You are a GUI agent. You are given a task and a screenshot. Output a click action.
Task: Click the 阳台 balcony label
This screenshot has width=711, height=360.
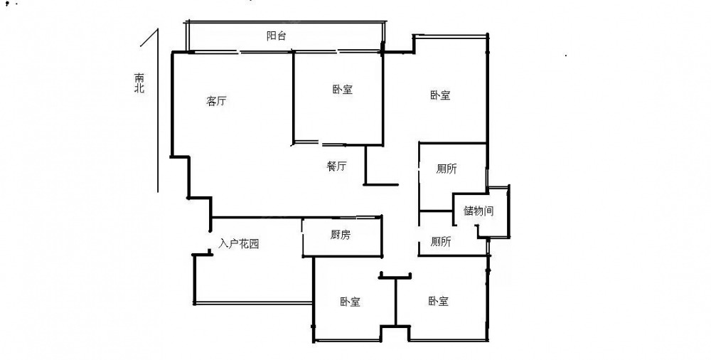[276, 36]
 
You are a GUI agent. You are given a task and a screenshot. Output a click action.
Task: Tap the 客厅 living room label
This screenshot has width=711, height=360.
[216, 101]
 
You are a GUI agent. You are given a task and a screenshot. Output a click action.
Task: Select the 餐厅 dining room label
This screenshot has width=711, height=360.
[336, 166]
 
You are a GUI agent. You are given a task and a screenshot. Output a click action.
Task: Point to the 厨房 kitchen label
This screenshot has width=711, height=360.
[340, 235]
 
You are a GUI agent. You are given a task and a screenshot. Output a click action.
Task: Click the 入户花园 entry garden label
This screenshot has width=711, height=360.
[238, 244]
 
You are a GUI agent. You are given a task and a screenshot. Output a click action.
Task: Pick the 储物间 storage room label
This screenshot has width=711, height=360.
[479, 211]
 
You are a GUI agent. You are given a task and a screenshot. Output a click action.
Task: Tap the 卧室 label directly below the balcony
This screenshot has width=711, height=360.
[343, 90]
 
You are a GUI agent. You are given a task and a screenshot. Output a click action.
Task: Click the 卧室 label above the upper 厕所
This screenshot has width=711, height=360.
[440, 95]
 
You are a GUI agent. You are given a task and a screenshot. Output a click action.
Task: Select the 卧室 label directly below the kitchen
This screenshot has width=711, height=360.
[350, 302]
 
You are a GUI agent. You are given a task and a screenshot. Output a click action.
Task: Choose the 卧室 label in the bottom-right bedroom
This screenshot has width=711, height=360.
[439, 301]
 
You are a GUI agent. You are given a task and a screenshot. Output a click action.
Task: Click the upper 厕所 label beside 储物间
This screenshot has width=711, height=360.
[447, 169]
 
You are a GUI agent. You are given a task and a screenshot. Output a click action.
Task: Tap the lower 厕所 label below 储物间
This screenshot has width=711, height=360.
[441, 242]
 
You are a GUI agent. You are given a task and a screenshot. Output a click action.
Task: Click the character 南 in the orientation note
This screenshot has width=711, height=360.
[139, 78]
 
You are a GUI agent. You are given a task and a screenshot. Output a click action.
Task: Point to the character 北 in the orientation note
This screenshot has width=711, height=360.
[139, 88]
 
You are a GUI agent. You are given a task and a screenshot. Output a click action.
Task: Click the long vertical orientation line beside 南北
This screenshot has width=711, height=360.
[158, 110]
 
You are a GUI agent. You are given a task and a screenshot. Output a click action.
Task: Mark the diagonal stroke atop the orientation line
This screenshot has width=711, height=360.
[149, 37]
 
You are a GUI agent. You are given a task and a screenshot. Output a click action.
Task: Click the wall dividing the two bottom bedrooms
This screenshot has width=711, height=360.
[395, 302]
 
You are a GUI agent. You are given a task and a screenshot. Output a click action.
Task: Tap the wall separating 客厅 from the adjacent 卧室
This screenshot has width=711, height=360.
[294, 97]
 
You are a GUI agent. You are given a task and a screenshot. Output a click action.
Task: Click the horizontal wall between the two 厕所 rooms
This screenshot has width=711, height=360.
[437, 211]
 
